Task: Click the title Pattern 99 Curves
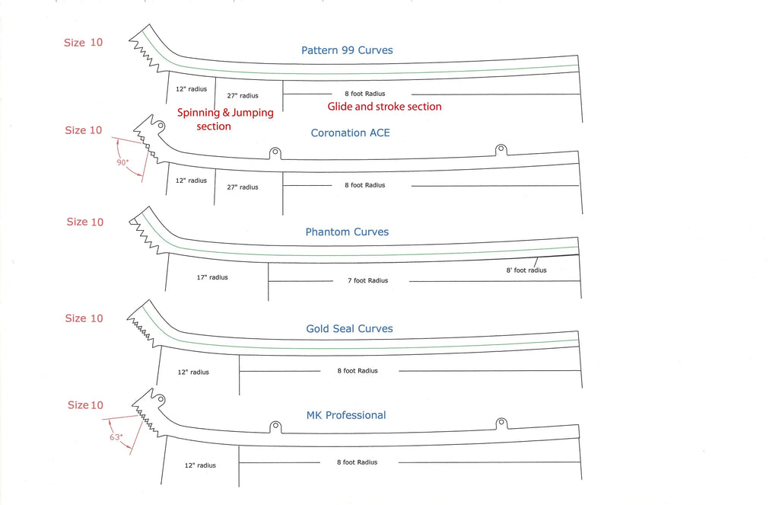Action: pos(347,51)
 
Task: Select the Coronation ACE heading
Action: pos(350,133)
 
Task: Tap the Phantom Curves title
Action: pos(347,232)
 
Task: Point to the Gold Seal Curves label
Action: pos(349,329)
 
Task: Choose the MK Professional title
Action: pos(346,416)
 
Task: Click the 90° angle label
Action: pos(122,162)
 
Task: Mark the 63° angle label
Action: pos(116,437)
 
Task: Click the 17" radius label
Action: pos(212,277)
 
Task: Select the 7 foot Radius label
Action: pos(367,281)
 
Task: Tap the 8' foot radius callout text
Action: pos(526,270)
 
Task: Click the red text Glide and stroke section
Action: pos(384,107)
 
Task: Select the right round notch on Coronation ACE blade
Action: pos(501,149)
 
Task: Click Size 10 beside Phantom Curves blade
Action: pos(84,222)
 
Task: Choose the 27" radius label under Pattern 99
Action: pos(243,96)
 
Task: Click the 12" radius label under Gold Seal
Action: pos(193,372)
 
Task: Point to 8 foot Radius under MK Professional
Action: pos(358,462)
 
